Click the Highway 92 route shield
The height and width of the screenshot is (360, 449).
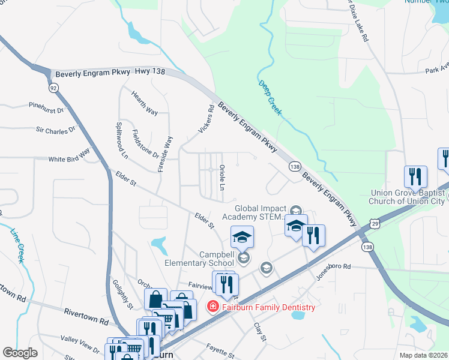click(54, 88)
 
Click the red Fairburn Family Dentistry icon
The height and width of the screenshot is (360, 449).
click(212, 307)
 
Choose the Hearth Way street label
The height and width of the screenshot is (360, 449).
click(144, 104)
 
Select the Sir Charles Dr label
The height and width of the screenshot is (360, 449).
click(56, 129)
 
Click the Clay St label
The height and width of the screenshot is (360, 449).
click(259, 331)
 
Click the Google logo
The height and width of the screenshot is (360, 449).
click(20, 353)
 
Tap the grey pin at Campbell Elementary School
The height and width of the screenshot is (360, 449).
click(243, 257)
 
